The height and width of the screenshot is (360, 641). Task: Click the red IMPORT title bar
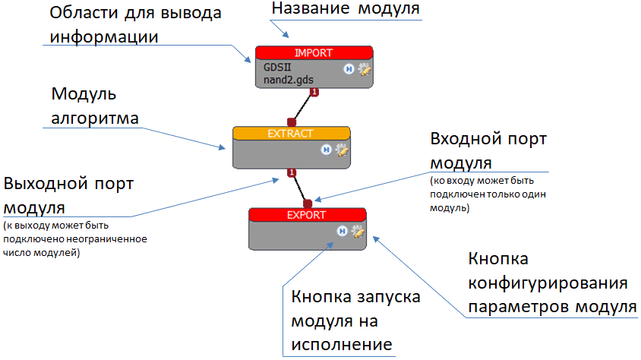314,52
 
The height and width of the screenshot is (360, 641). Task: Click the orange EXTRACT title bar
291,133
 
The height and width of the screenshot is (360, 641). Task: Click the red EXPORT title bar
307,215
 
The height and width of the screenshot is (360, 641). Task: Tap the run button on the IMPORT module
348,69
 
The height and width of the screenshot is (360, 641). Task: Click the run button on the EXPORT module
343,231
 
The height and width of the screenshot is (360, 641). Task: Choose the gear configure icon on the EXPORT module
357,231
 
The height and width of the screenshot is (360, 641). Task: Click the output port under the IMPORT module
314,93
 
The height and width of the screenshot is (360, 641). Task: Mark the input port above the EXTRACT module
291,122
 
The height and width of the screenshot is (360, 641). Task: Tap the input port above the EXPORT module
308,204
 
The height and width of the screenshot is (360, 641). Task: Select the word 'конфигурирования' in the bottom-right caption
547,283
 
